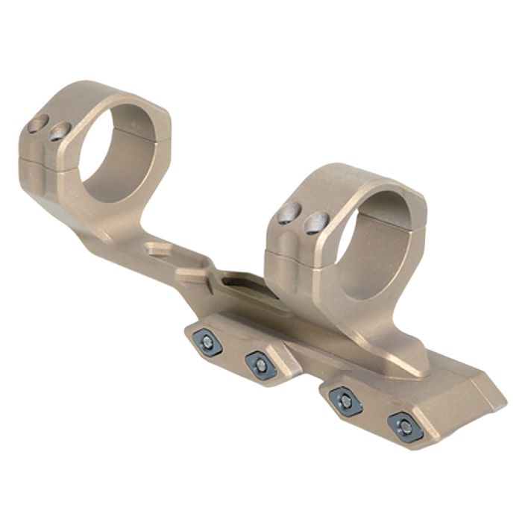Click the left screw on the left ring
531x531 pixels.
(x=37, y=125)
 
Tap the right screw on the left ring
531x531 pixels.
(x=60, y=133)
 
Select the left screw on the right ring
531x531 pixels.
(x=290, y=214)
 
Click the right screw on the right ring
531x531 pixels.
(x=317, y=221)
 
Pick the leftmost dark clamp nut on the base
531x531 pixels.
(x=207, y=342)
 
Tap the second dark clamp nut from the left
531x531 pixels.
(x=260, y=364)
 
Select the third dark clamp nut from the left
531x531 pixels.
(x=345, y=400)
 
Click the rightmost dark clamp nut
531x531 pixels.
(x=405, y=426)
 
